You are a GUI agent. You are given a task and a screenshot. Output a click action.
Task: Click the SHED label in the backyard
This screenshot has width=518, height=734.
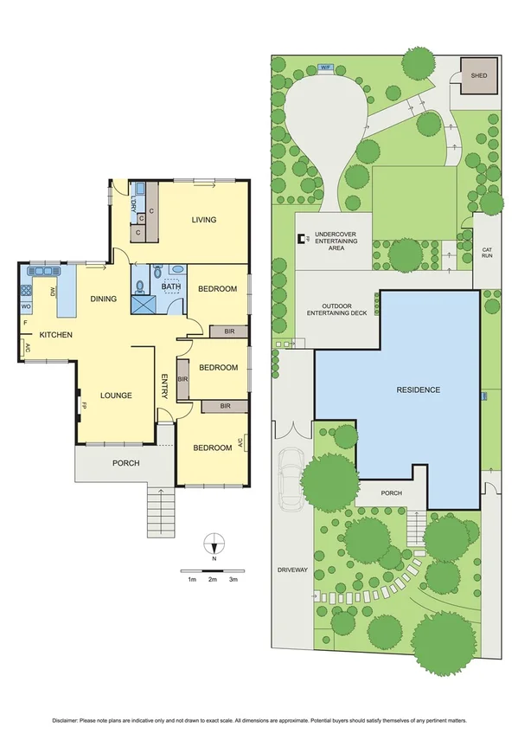(478, 76)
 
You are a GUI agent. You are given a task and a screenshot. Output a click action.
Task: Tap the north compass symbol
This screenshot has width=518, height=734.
(213, 545)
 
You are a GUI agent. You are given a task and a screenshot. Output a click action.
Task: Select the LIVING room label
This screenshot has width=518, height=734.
(203, 220)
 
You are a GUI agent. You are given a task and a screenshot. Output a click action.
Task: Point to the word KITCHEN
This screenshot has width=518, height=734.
(54, 335)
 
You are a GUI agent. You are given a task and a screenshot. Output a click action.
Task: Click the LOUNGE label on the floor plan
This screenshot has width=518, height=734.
(115, 396)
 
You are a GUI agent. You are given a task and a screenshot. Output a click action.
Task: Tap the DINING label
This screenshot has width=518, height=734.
(103, 299)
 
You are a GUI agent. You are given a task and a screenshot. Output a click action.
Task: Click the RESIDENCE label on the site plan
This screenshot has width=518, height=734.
(419, 390)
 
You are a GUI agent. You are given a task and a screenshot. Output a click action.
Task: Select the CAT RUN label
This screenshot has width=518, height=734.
(487, 253)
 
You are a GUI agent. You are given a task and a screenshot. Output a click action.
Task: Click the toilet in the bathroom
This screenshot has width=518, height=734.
(157, 272)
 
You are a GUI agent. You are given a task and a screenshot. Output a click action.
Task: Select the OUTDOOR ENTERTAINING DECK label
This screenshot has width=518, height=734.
(338, 310)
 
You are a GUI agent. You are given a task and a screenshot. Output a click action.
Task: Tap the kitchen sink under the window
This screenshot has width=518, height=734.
(41, 271)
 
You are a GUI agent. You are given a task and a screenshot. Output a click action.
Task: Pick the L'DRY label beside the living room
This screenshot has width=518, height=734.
(133, 205)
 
